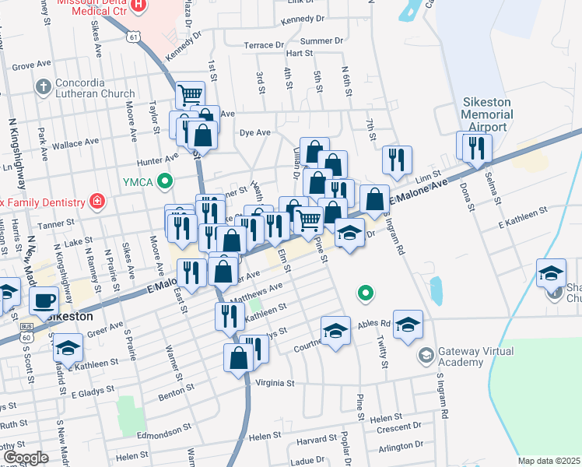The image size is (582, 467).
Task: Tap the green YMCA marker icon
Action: pyautogui.click(x=164, y=183)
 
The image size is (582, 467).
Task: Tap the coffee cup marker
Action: pyautogui.click(x=44, y=300)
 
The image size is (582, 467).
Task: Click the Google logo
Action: pyautogui.click(x=25, y=458)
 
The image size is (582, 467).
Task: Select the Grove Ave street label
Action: pyautogui.click(x=30, y=67)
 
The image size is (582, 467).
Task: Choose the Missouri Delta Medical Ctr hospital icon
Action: pyautogui.click(x=138, y=5)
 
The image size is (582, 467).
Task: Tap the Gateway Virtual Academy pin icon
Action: pyautogui.click(x=426, y=356)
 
